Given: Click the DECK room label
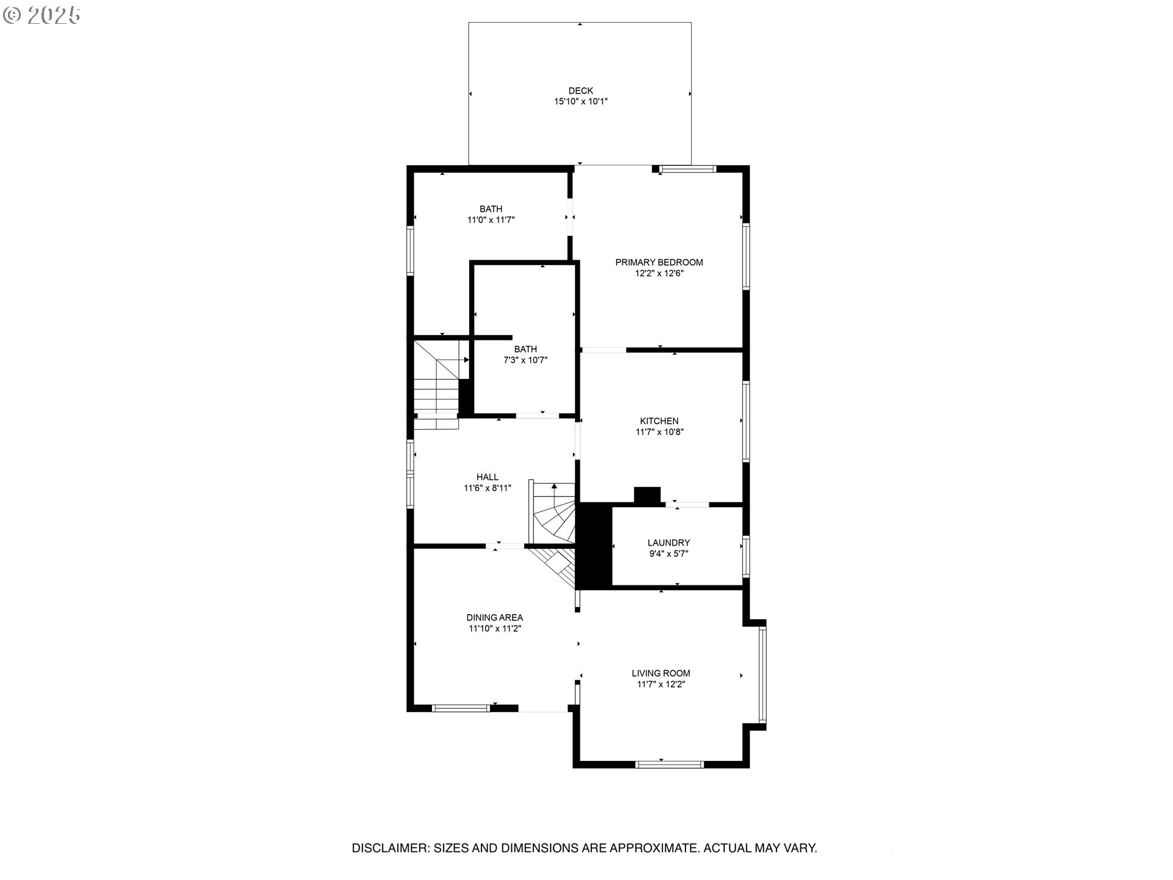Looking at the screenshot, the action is [580, 91].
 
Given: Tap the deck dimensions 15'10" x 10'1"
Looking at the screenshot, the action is [580, 102].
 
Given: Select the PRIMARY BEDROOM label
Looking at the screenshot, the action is [659, 262].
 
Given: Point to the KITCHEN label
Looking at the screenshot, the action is [659, 421].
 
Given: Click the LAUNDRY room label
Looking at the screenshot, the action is [668, 543].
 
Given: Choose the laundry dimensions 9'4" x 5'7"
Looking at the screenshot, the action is [668, 554].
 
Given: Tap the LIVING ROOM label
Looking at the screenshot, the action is [660, 673].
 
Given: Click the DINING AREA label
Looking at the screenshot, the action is [494, 618].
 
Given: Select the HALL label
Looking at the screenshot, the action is [487, 477].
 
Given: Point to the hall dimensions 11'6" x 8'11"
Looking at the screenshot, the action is [487, 488].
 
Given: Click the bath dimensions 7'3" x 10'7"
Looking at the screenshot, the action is [525, 361].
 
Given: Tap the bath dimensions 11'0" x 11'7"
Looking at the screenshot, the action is [491, 220].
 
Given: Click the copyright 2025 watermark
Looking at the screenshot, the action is [42, 15].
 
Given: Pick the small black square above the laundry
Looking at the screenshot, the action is [648, 495].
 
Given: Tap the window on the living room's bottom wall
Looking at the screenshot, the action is [670, 765].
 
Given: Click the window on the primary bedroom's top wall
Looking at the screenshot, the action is [687, 169].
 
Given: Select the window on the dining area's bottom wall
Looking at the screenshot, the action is [461, 708].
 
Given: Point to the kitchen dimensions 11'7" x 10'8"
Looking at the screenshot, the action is [659, 432].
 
